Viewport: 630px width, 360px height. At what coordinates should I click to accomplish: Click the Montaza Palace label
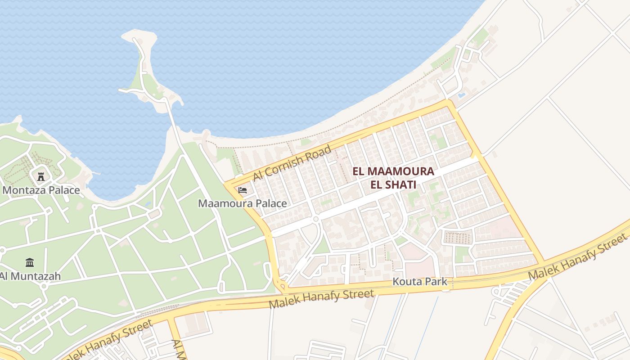click(x=41, y=190)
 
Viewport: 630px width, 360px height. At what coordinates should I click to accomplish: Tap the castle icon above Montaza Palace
click(x=41, y=176)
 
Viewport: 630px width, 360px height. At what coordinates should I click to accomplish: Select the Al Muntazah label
click(x=30, y=276)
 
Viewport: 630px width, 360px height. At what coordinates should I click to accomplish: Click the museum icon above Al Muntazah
click(x=30, y=262)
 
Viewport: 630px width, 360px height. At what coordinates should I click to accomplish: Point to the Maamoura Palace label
click(x=243, y=203)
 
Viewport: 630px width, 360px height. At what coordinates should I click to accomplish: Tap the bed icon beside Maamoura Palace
click(x=243, y=190)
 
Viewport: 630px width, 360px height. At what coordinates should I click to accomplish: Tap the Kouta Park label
click(x=420, y=282)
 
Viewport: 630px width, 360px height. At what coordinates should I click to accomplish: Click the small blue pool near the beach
click(x=461, y=95)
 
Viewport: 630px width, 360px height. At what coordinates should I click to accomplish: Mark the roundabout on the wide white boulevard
click(x=316, y=219)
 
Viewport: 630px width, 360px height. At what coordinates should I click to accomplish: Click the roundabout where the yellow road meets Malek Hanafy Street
click(x=283, y=286)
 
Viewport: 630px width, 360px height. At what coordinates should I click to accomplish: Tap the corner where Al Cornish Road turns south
click(x=449, y=103)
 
